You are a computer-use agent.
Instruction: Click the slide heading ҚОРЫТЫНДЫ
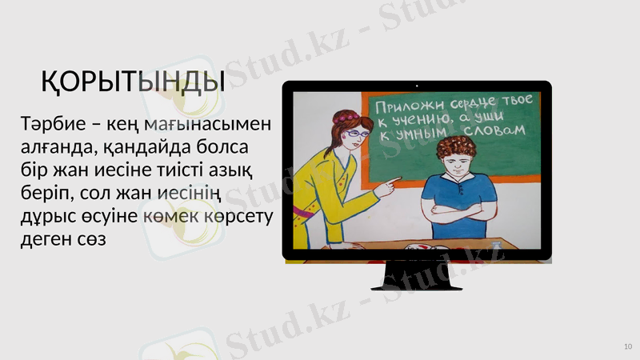(x=133, y=81)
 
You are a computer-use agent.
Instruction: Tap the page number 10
(x=627, y=346)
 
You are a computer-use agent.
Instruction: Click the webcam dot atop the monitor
(x=417, y=84)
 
